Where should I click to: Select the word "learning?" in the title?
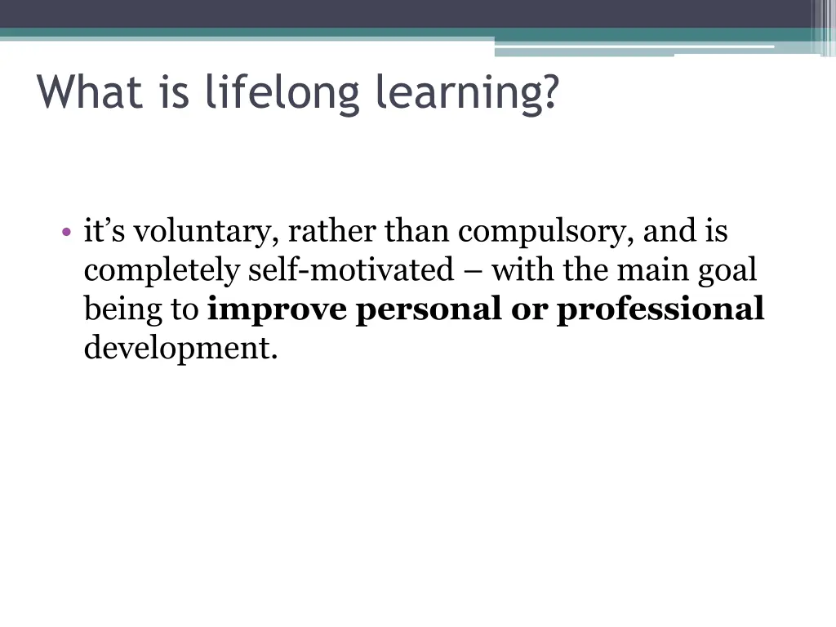468,93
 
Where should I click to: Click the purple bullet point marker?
66,233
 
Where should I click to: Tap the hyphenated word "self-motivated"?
350,270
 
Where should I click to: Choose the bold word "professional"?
660,310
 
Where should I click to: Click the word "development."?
180,349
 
